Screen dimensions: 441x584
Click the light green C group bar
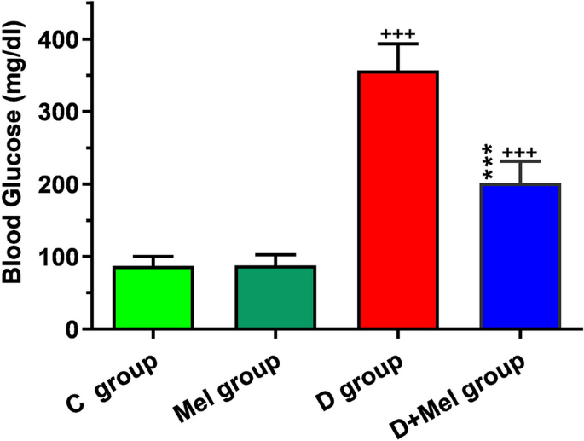(x=153, y=298)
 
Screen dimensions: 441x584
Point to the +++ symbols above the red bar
(x=398, y=35)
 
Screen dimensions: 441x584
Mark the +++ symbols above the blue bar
(x=522, y=152)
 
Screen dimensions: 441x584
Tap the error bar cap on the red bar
(x=398, y=44)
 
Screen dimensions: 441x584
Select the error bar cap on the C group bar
(x=153, y=257)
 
